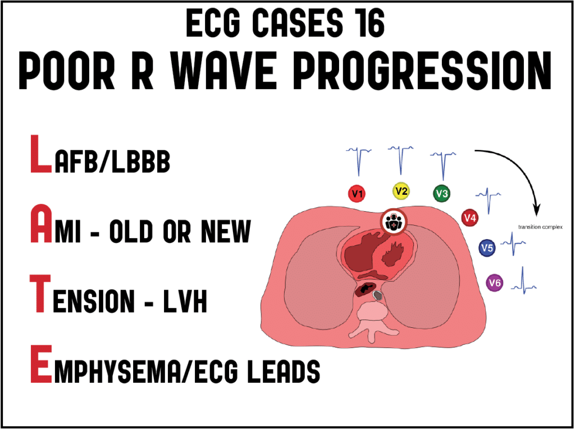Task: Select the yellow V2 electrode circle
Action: click(x=401, y=191)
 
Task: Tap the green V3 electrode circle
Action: click(x=442, y=194)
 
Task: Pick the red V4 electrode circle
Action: click(x=470, y=217)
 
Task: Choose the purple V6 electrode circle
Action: click(x=495, y=283)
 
